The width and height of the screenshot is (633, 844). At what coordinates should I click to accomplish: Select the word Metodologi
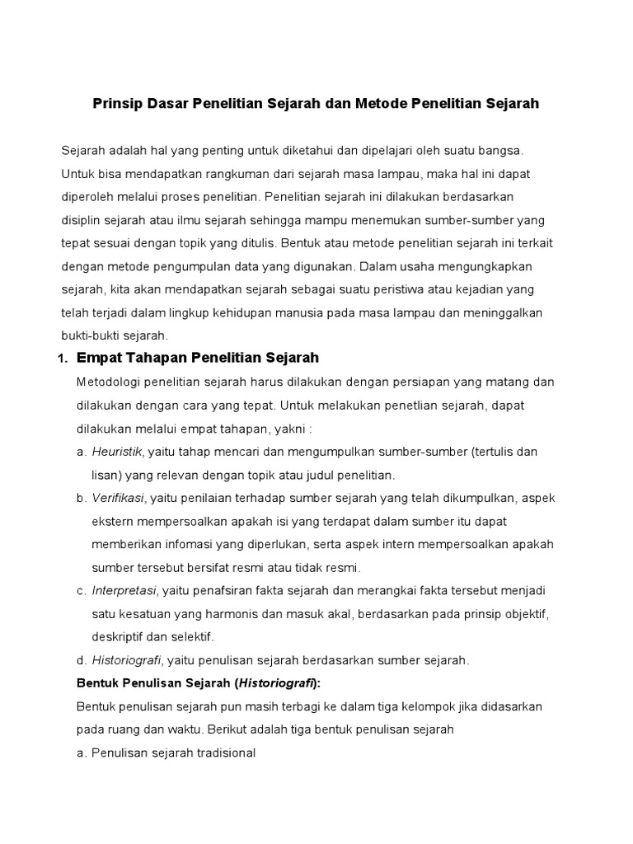pyautogui.click(x=112, y=382)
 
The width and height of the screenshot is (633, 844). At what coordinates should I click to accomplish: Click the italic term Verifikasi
pyautogui.click(x=118, y=498)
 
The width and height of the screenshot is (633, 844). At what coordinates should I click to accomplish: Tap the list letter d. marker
pyautogui.click(x=81, y=660)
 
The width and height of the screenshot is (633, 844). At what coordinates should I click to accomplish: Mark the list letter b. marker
pyautogui.click(x=81, y=498)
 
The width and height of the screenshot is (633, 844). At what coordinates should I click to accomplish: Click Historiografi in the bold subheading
pyautogui.click(x=275, y=683)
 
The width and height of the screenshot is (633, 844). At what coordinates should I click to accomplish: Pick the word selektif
pyautogui.click(x=190, y=637)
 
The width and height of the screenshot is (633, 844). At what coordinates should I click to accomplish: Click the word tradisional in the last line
pyautogui.click(x=223, y=753)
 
